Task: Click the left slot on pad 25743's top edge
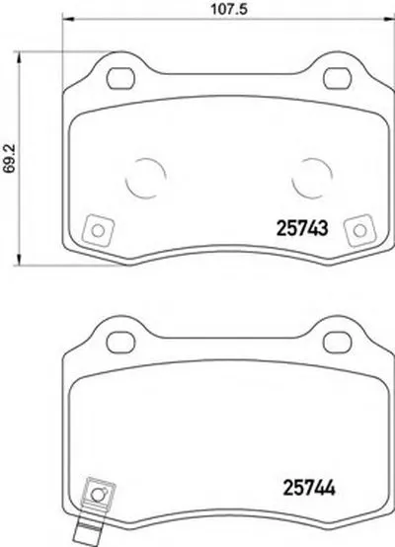tap(120, 75)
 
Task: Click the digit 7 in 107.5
tap(218, 12)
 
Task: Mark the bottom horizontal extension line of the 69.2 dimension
tap(39, 266)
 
